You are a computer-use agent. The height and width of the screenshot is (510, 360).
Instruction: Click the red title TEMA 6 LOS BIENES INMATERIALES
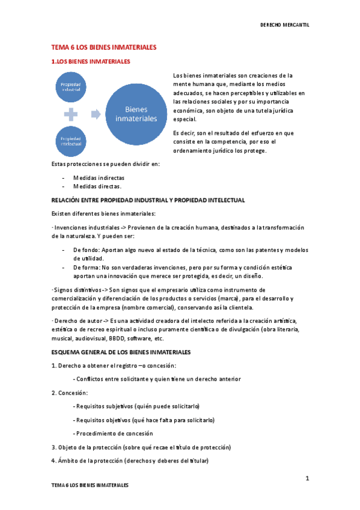(103, 47)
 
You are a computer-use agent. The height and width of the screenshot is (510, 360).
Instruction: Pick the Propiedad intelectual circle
(71, 140)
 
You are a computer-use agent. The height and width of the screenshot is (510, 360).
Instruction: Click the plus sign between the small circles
(71, 114)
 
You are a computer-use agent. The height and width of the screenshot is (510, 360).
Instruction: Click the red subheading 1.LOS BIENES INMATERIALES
(90, 62)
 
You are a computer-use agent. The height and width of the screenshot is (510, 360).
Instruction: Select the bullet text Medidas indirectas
(99, 178)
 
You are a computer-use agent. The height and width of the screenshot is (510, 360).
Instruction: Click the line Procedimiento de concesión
(112, 433)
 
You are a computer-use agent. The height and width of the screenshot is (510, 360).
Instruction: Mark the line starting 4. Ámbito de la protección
(130, 461)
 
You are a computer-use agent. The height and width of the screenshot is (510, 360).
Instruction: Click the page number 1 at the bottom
(307, 479)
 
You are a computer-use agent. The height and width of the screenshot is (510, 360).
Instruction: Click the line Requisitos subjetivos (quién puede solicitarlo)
(136, 406)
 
